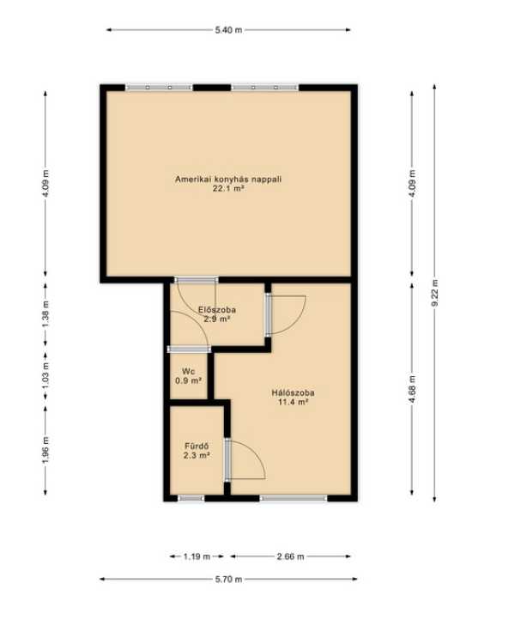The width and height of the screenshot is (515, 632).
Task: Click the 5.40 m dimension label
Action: [x=228, y=30]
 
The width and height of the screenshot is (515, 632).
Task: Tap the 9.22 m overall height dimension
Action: [x=434, y=293]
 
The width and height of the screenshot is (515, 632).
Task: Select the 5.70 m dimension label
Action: [x=228, y=580]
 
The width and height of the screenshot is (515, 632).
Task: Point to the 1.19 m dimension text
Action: [x=197, y=556]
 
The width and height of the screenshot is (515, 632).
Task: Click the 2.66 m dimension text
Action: [x=290, y=556]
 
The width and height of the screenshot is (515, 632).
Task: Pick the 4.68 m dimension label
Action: [x=412, y=389]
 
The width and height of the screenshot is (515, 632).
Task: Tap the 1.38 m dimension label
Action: [x=45, y=314]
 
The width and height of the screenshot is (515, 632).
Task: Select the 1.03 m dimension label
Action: [x=45, y=376]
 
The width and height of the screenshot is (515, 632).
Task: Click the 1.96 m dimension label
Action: [x=45, y=450]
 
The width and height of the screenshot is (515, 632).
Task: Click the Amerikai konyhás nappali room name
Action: [x=228, y=179]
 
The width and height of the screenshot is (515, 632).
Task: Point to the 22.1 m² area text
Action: [x=228, y=188]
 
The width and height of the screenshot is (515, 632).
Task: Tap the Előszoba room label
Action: [x=217, y=310]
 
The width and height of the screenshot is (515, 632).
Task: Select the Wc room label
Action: [x=188, y=371]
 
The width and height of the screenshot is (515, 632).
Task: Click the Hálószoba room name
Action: [x=293, y=392]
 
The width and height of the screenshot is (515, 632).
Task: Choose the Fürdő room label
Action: [x=197, y=447]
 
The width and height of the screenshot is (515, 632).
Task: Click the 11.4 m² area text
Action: [x=293, y=402]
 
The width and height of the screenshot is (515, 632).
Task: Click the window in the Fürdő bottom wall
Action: [x=191, y=499]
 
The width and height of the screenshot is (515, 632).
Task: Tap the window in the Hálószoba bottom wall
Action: [x=294, y=499]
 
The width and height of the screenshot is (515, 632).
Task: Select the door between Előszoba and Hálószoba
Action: [x=269, y=315]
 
